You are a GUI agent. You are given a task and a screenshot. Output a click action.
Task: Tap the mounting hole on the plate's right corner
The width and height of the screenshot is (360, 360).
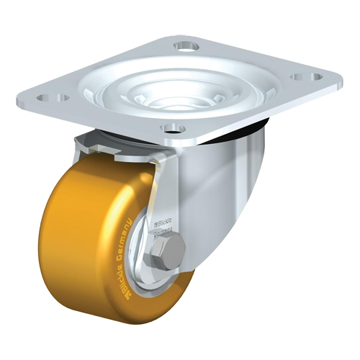tap(300, 74)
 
